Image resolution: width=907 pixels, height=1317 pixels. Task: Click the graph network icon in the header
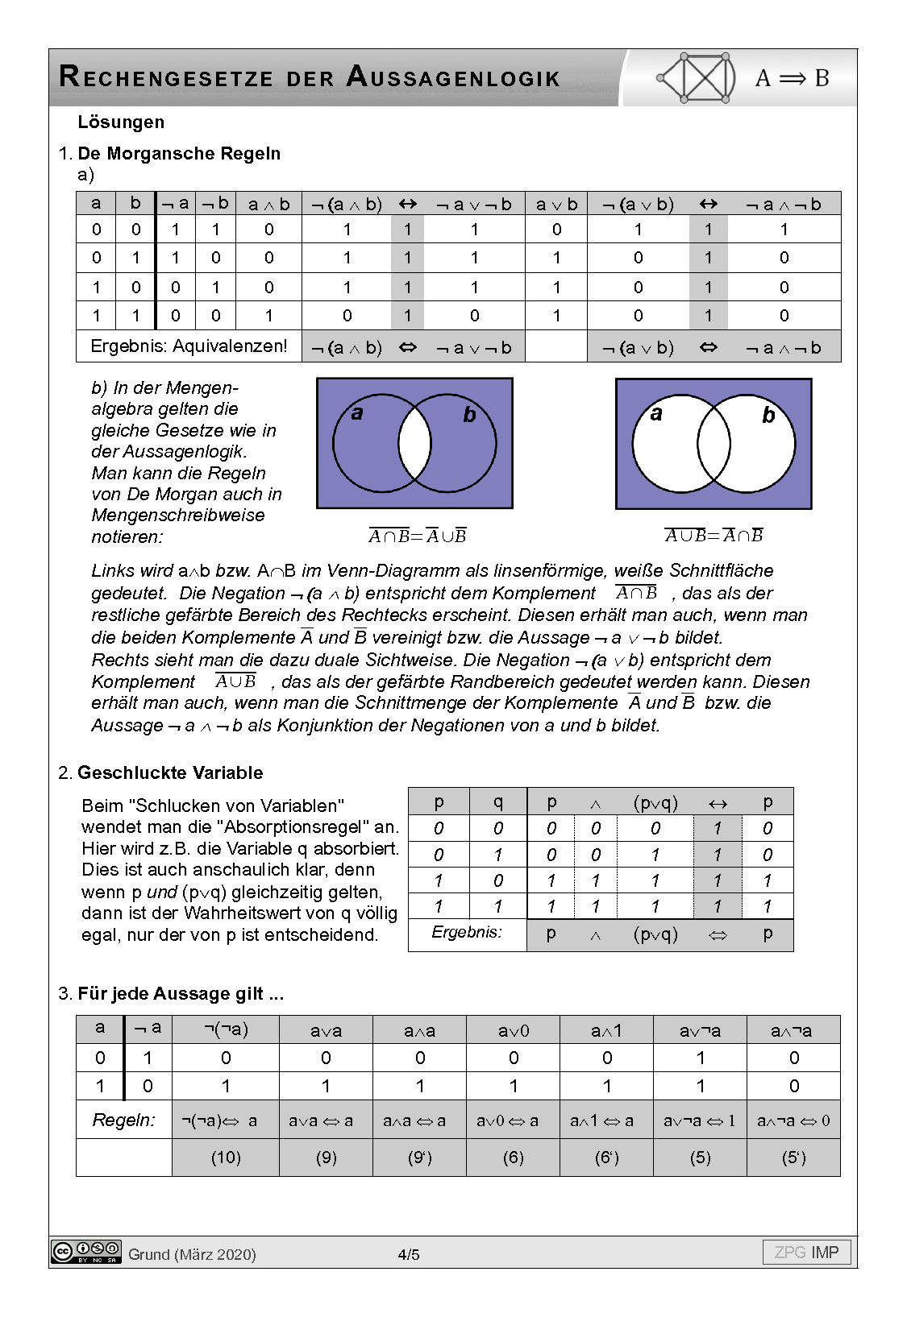click(697, 78)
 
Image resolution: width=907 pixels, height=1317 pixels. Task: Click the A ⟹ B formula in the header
click(792, 78)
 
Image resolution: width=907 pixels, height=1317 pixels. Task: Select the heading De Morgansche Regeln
click(179, 154)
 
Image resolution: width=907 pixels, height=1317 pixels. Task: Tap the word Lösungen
click(121, 122)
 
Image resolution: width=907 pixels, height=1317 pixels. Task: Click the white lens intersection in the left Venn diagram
click(414, 444)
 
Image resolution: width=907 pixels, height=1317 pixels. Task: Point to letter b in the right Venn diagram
click(768, 416)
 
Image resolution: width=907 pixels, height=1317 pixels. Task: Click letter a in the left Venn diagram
click(357, 414)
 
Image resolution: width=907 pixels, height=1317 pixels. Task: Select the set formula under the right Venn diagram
click(714, 536)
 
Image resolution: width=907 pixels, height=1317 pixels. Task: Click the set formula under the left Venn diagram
click(418, 536)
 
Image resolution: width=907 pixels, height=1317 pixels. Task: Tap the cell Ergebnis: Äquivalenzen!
click(189, 346)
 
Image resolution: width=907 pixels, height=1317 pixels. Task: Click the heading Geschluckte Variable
click(170, 773)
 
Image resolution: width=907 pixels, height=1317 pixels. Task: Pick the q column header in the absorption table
click(497, 801)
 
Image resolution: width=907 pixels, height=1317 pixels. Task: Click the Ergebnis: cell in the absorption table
click(467, 933)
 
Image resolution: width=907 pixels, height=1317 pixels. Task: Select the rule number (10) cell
click(226, 1158)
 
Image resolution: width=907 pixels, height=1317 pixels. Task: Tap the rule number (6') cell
click(606, 1158)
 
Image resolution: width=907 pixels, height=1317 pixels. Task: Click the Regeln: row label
click(124, 1120)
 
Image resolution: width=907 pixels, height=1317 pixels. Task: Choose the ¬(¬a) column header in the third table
click(226, 1029)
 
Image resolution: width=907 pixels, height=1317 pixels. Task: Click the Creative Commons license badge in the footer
click(86, 1252)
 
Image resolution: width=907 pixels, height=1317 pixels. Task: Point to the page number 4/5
click(409, 1254)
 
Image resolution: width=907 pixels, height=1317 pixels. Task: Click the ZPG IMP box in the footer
click(806, 1253)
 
